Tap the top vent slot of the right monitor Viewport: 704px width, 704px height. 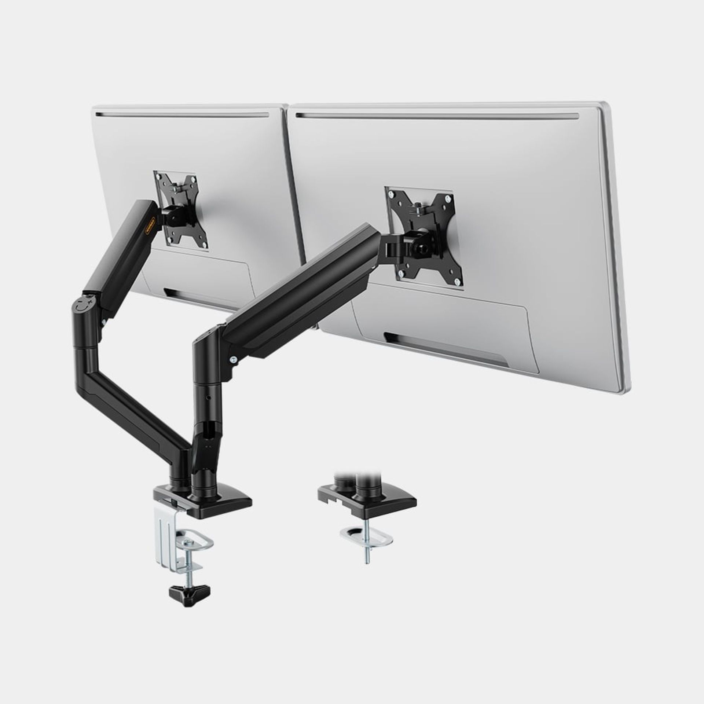click(x=436, y=116)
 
